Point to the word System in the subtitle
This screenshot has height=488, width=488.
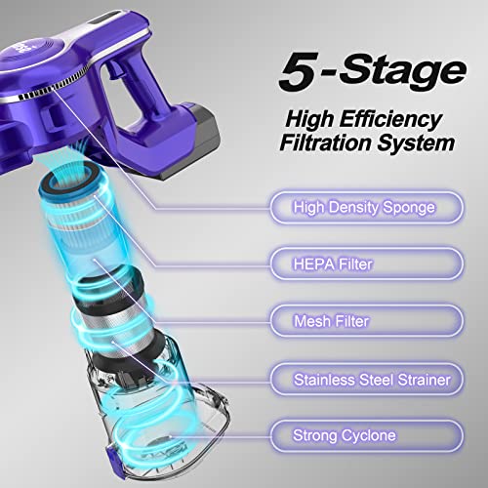(415, 142)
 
